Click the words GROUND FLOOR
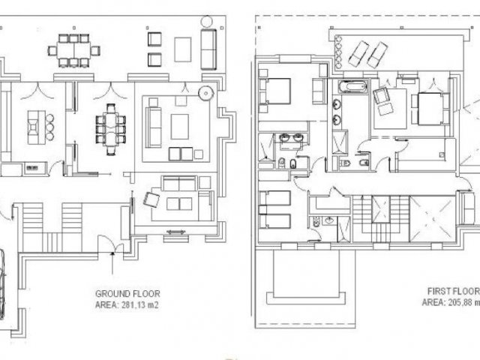127,294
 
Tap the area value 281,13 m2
140,305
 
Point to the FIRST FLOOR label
454,291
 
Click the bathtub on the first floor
352,86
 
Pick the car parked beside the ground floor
1,284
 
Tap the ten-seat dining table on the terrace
73,50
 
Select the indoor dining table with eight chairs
111,130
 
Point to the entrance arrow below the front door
112,262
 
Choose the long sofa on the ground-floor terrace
208,49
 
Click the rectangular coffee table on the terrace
183,49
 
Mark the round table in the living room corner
205,92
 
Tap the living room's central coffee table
180,127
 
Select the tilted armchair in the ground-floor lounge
151,199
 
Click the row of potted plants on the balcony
338,52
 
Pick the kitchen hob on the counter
31,168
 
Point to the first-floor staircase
381,219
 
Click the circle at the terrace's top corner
206,22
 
